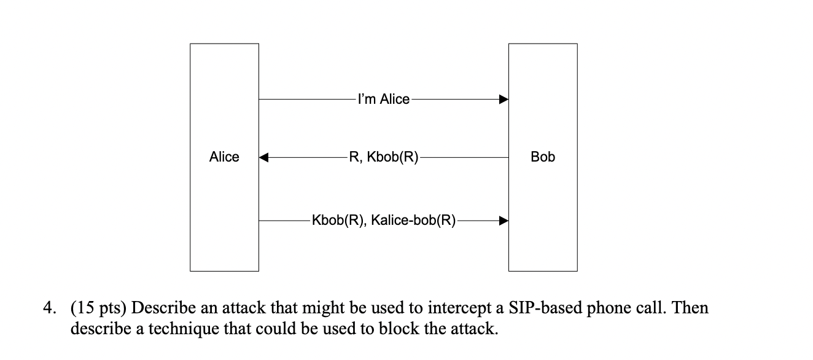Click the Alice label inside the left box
pyautogui.click(x=224, y=157)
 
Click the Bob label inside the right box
pyautogui.click(x=543, y=157)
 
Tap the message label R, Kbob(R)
pyautogui.click(x=384, y=158)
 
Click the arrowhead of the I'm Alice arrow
pyautogui.click(x=503, y=99)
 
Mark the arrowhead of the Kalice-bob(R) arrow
pyautogui.click(x=503, y=220)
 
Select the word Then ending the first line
pyautogui.click(x=691, y=308)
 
